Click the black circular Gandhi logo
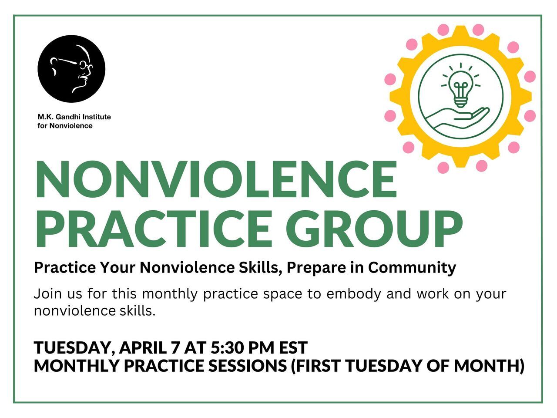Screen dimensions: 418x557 [71, 69]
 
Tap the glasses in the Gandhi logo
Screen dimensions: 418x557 [83, 64]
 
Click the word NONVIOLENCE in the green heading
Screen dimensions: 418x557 [216, 180]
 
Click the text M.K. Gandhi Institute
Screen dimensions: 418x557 [74, 117]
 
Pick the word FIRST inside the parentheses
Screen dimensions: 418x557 [318, 366]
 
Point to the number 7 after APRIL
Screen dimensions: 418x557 [175, 347]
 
